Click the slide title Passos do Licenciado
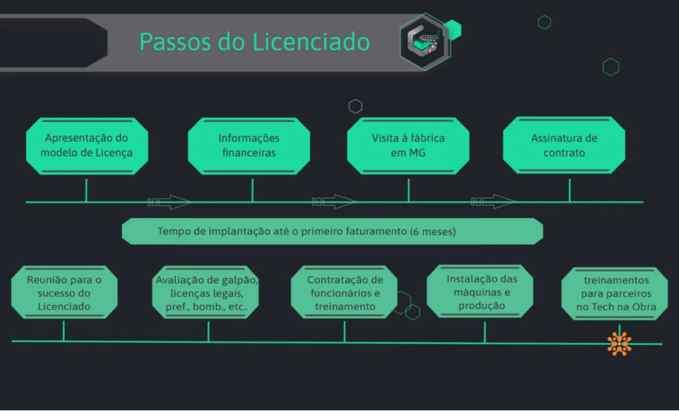click(254, 42)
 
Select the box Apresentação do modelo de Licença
click(86, 146)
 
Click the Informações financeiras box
click(249, 146)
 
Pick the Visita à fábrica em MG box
click(408, 146)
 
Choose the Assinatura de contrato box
click(564, 146)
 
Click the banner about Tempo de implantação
click(332, 231)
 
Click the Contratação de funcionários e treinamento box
click(344, 293)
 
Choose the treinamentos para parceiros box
click(616, 293)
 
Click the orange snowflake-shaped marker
click(619, 343)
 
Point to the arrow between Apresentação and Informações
click(169, 202)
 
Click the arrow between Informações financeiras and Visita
click(334, 202)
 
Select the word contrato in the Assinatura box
click(564, 152)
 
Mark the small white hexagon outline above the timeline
click(355, 106)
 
